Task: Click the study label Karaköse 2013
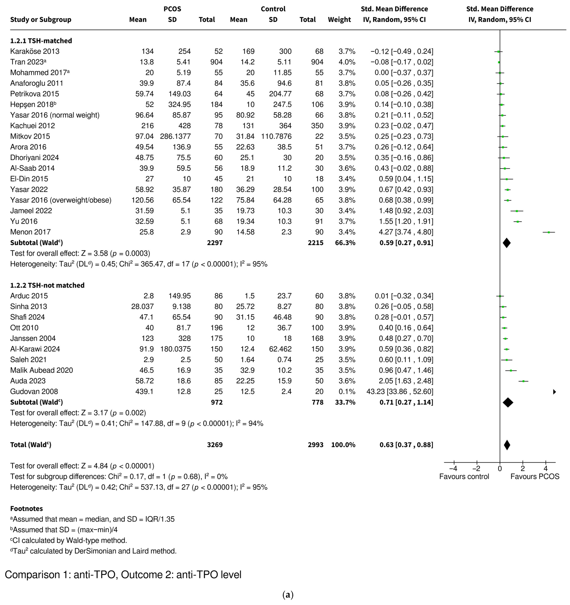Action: click(x=35, y=51)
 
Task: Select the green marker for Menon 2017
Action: click(x=549, y=232)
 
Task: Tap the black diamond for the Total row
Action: click(x=507, y=445)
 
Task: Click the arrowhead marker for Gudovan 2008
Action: click(x=555, y=392)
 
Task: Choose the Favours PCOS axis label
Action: click(x=535, y=477)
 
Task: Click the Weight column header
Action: click(x=339, y=20)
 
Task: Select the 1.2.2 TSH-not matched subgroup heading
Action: click(x=47, y=286)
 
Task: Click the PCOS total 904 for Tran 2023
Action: click(x=216, y=62)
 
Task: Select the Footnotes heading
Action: click(x=26, y=509)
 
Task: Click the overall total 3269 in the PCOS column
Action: click(x=215, y=445)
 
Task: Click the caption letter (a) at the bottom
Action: click(x=288, y=595)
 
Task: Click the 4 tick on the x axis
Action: click(x=546, y=468)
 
